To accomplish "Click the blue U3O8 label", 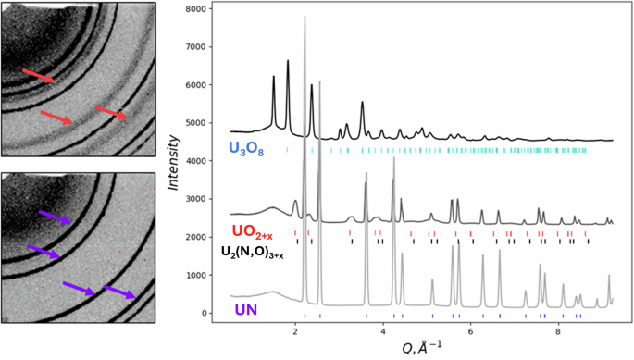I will [247, 148].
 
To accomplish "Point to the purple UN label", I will [247, 309].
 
